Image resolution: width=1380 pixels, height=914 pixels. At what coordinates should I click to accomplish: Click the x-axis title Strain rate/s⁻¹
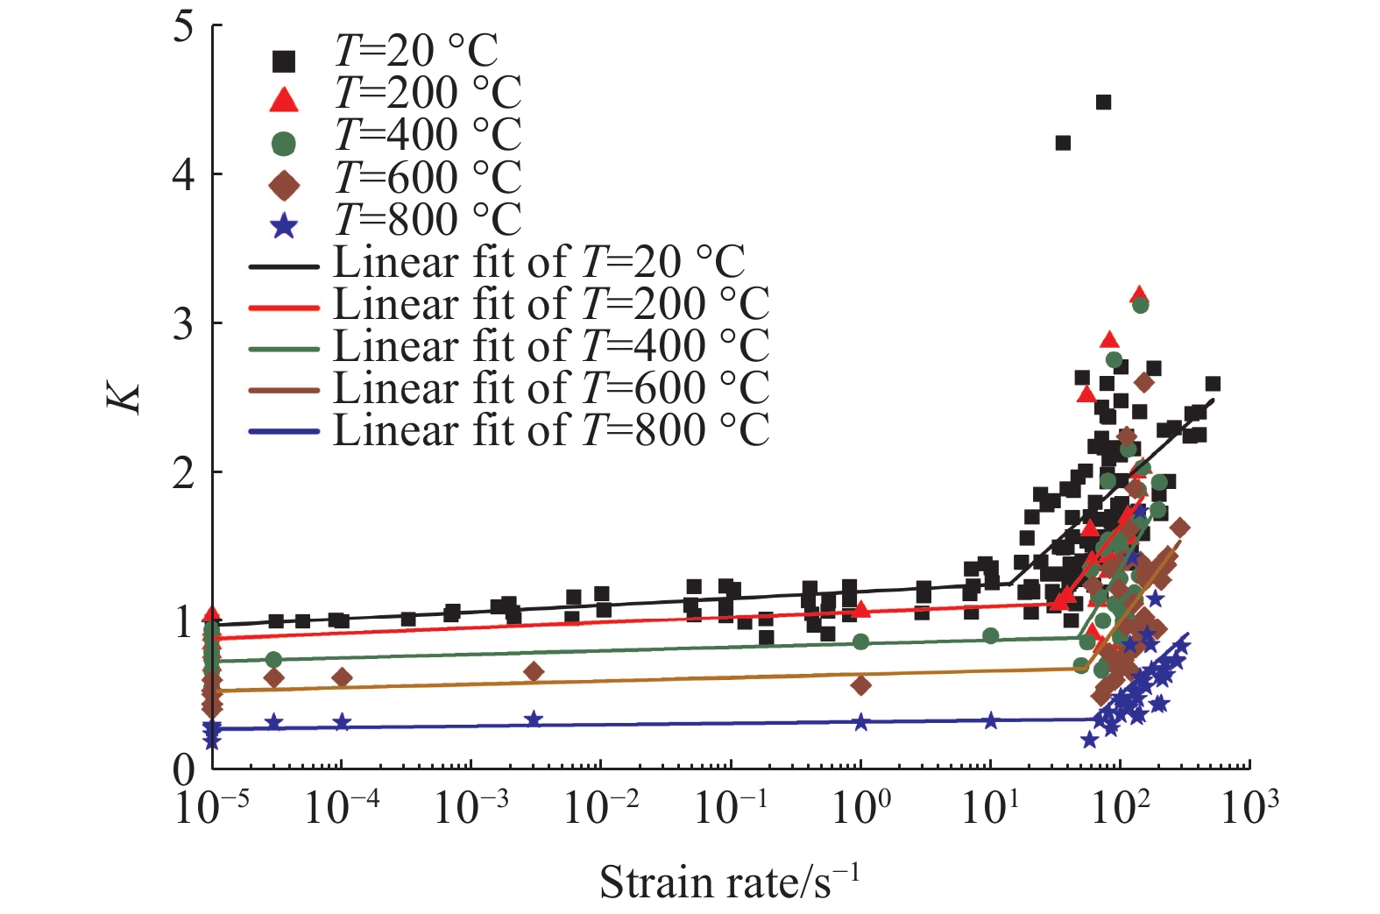729,882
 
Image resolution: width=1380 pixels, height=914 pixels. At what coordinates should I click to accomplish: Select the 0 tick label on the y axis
183,769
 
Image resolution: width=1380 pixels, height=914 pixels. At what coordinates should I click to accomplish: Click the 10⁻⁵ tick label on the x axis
211,807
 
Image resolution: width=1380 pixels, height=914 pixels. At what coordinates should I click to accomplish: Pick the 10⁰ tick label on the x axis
860,807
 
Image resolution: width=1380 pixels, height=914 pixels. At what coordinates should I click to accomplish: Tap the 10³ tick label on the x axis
1249,807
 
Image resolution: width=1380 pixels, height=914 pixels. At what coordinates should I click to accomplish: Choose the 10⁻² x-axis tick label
601,807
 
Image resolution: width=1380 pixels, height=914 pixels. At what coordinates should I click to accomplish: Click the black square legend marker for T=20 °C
284,61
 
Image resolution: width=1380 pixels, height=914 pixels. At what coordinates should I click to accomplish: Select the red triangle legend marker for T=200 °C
284,101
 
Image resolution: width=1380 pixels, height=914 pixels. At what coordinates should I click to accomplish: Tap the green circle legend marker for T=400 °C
284,144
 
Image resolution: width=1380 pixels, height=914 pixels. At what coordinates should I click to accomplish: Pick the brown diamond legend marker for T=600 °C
284,186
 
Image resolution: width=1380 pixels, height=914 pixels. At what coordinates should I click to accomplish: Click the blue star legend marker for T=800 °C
284,228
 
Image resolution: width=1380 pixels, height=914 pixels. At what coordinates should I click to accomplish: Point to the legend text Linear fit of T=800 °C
551,430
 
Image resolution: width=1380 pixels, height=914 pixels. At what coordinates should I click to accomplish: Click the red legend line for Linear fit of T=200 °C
284,308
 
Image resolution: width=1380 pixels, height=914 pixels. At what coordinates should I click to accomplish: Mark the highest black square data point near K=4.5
1104,103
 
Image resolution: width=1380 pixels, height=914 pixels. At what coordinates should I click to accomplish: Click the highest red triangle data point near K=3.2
1139,294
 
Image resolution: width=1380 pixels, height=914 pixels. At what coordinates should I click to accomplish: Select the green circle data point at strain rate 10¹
990,635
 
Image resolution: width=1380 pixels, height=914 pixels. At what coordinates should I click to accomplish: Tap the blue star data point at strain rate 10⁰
860,722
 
